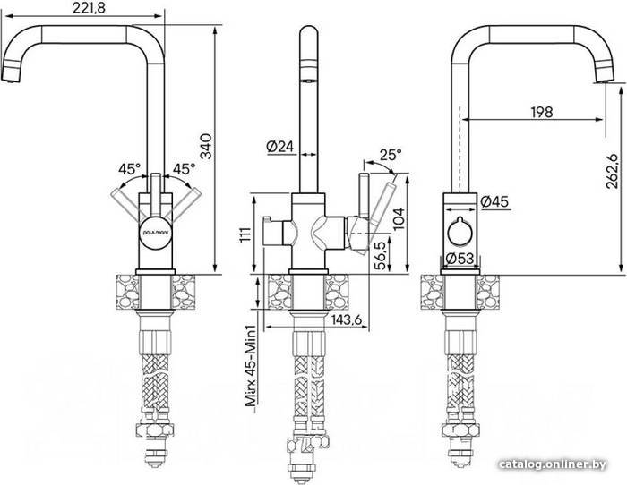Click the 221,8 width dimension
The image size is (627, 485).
[x=89, y=8]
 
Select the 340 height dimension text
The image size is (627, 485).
[x=206, y=147]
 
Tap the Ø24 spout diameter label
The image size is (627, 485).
[x=279, y=147]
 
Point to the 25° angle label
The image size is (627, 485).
[x=390, y=154]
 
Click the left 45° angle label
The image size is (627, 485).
[x=129, y=169]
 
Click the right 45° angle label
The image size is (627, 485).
[x=184, y=169]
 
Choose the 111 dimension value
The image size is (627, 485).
[x=245, y=234]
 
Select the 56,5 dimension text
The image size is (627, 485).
[x=382, y=255]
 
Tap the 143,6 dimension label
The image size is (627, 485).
[x=347, y=319]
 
